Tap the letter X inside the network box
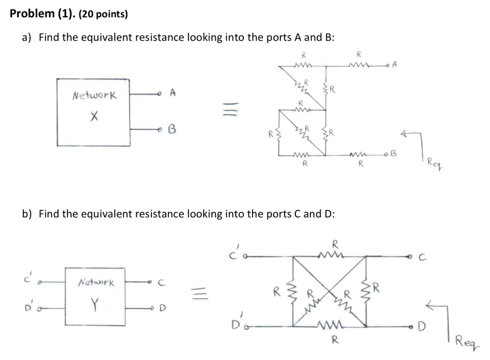[94, 115]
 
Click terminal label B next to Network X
[172, 129]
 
